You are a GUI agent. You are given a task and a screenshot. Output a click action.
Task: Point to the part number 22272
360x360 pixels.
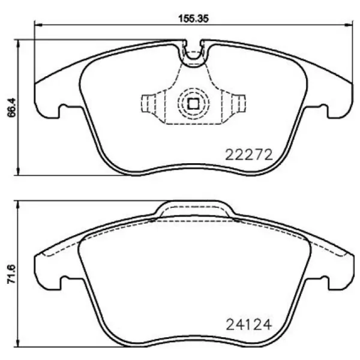(x=249, y=154)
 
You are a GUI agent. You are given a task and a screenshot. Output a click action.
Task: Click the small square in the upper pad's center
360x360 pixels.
(x=193, y=104)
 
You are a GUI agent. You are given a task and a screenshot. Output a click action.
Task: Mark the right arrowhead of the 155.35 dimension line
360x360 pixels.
(x=350, y=25)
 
